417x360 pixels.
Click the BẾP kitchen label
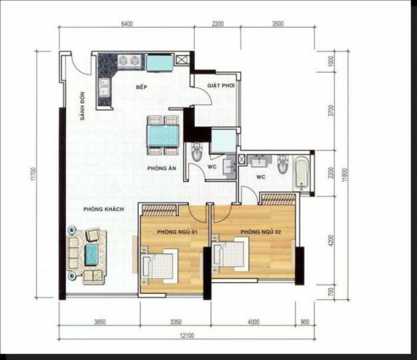pyautogui.click(x=141, y=87)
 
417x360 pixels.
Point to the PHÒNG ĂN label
pyautogui.click(x=161, y=169)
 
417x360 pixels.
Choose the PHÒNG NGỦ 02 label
pyautogui.click(x=257, y=231)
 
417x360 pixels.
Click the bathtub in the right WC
pyautogui.click(x=301, y=172)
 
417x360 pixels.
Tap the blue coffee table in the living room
pyautogui.click(x=91, y=253)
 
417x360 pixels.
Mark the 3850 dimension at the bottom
pyautogui.click(x=99, y=322)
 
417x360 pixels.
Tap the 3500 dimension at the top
pyautogui.click(x=278, y=25)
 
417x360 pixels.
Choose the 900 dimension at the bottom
pyautogui.click(x=305, y=322)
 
